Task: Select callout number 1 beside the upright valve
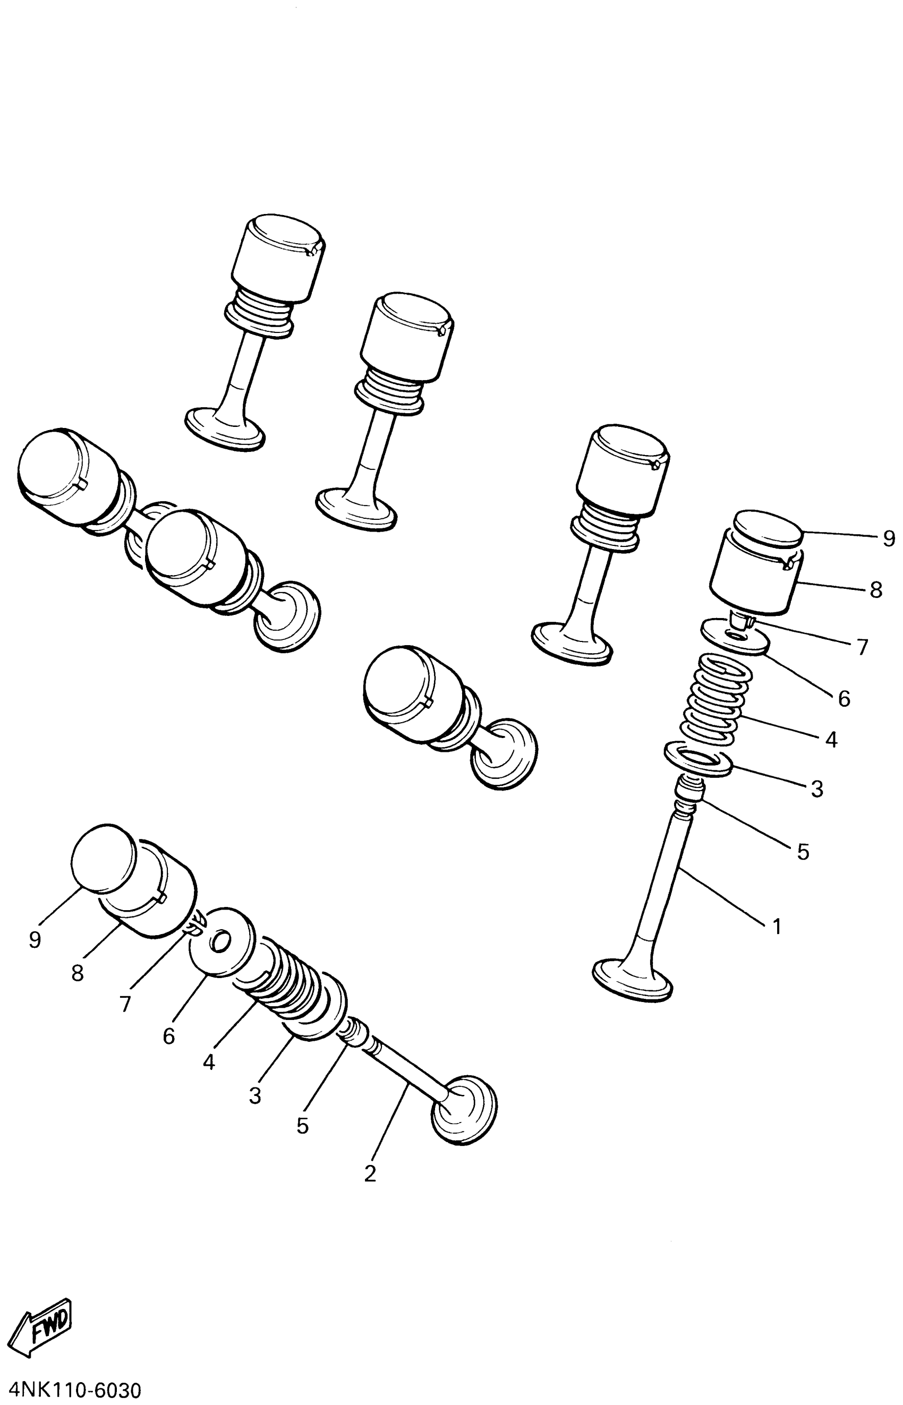pyautogui.click(x=777, y=927)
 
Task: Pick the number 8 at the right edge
pyautogui.click(x=876, y=590)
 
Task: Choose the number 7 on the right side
pyautogui.click(x=862, y=647)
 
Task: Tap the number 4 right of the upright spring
pyautogui.click(x=831, y=740)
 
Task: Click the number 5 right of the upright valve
pyautogui.click(x=803, y=852)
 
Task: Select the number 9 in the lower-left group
pyautogui.click(x=35, y=940)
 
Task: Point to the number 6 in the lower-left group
pyautogui.click(x=169, y=1036)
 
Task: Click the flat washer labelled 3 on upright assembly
pyautogui.click(x=698, y=759)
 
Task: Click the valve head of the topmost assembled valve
pyautogui.click(x=225, y=430)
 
